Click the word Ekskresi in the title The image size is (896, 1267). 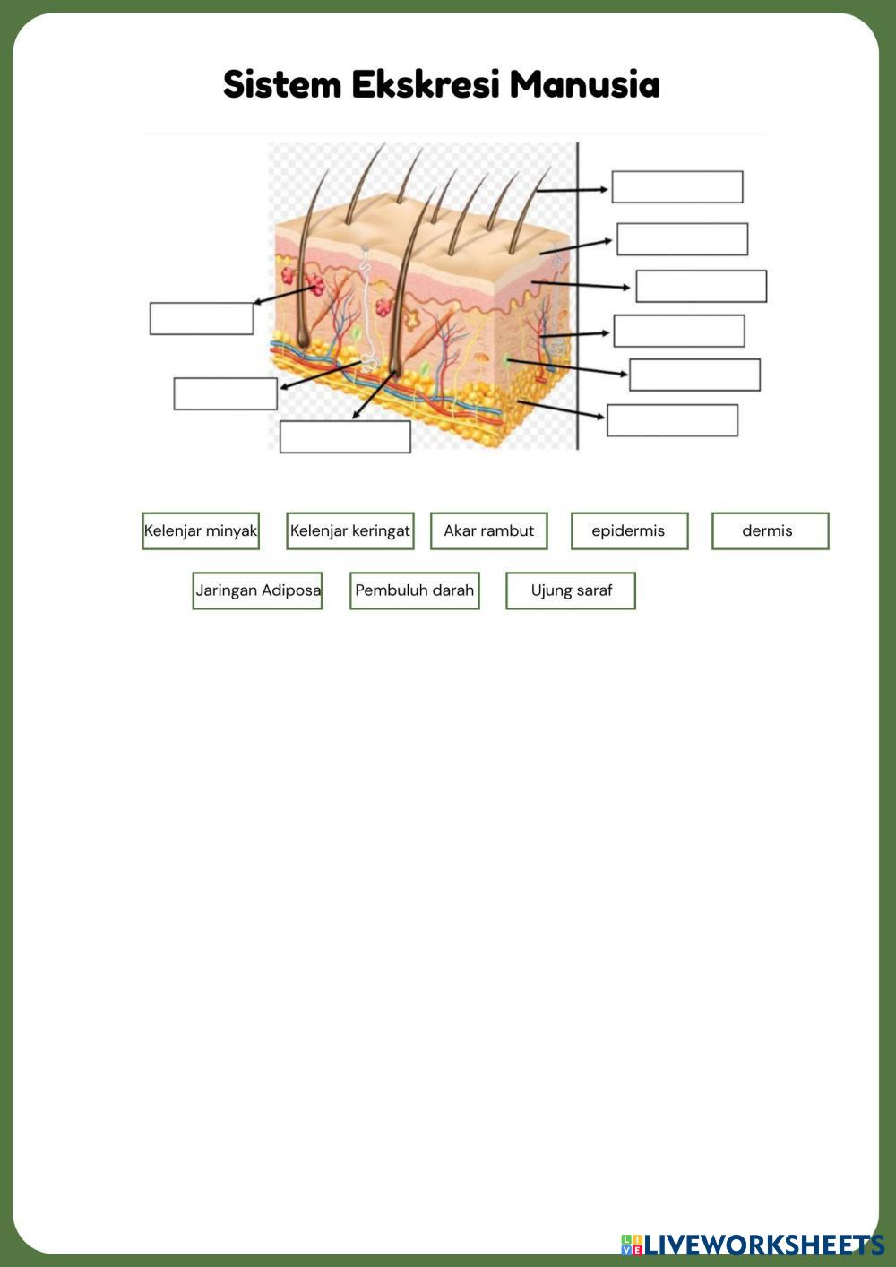(426, 85)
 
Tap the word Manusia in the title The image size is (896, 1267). (584, 85)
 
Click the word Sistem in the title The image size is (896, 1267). (282, 85)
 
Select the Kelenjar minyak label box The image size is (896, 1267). (201, 530)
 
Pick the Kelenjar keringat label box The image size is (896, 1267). (349, 530)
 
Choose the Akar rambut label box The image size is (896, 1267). (488, 530)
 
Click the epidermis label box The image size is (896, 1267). (629, 530)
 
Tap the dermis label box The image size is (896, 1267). (770, 530)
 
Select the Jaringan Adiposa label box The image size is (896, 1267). (257, 590)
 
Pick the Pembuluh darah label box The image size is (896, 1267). (414, 590)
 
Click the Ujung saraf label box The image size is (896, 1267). (571, 590)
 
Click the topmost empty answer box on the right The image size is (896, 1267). (677, 187)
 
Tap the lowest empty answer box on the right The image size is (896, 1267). (672, 420)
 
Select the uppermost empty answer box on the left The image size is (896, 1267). (202, 318)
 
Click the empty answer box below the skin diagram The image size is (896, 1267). (345, 436)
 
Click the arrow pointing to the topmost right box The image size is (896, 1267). (573, 190)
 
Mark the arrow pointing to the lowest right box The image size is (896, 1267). (562, 409)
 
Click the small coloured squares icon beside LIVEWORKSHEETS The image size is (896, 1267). (632, 1245)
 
